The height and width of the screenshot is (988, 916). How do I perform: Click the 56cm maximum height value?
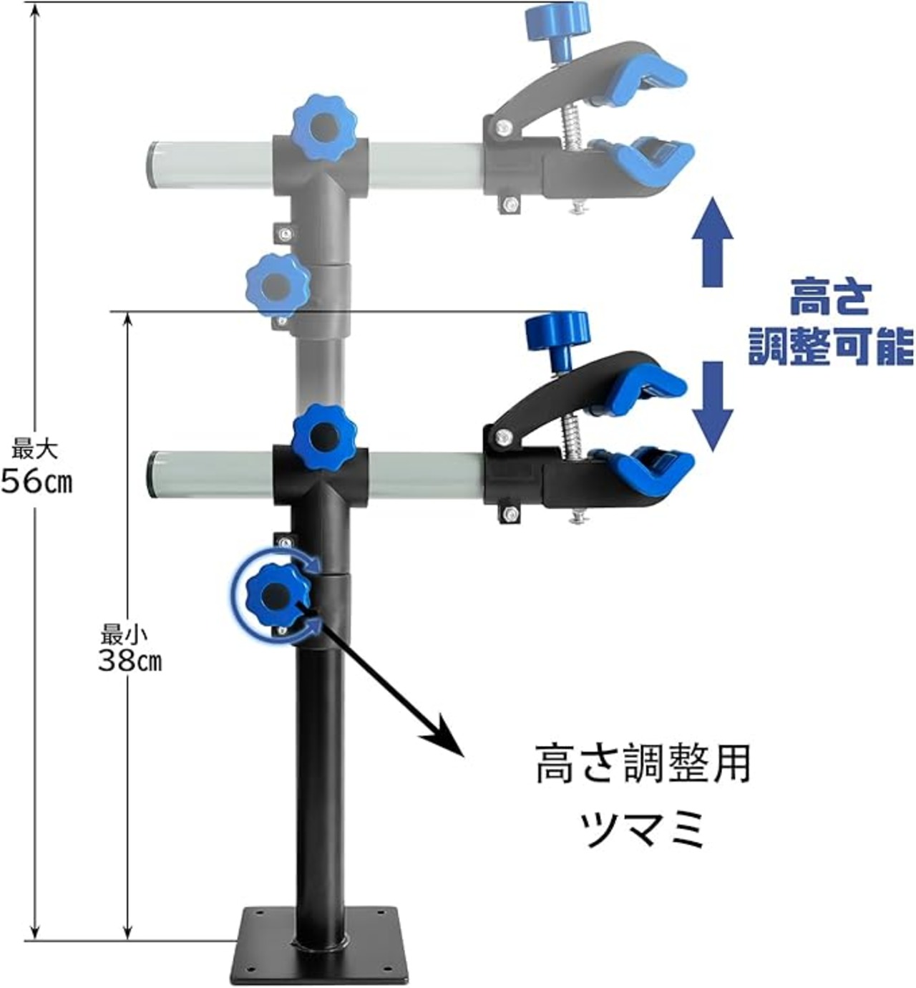(36, 481)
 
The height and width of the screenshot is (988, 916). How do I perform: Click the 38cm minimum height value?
(130, 660)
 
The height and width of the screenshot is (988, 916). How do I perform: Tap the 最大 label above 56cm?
(34, 450)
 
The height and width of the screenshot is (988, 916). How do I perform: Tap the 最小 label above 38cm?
(124, 634)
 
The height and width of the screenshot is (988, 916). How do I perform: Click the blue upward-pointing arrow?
(716, 243)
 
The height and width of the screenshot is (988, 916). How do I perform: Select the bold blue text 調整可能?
(830, 347)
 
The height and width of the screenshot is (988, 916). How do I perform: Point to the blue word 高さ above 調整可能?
(830, 299)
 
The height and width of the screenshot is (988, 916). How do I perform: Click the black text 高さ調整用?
(643, 764)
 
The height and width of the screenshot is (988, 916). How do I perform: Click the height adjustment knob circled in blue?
(277, 594)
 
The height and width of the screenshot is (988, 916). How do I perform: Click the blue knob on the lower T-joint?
(324, 435)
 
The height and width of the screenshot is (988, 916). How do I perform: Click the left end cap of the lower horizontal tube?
(152, 473)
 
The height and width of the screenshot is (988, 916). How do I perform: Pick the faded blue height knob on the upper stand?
(277, 286)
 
